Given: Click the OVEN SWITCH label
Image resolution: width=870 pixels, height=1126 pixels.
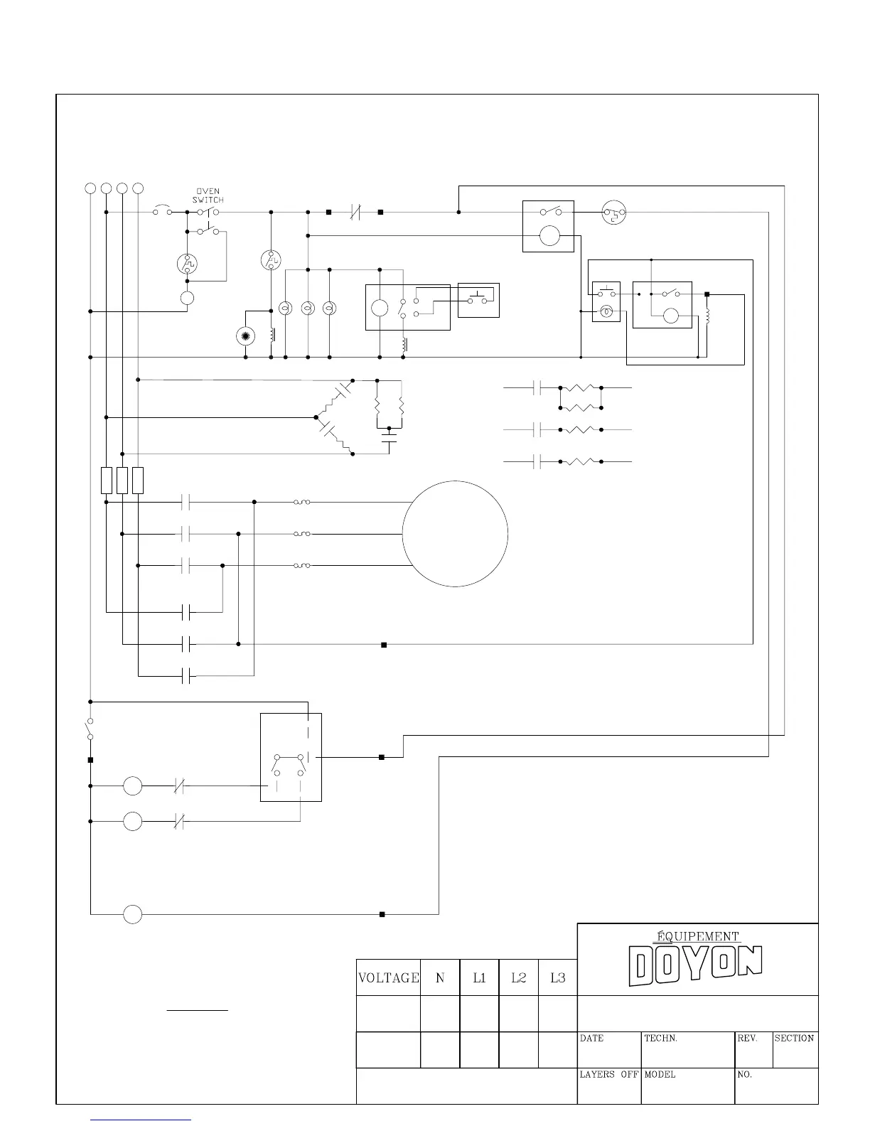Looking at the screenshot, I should click(208, 195).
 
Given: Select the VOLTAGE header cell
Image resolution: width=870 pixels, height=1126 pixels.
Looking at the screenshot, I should click(388, 978).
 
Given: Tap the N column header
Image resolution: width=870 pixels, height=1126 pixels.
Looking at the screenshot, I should click(440, 978).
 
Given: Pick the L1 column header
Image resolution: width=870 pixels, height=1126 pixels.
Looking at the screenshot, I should click(480, 978).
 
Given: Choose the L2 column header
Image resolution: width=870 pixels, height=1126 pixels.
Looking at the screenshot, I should click(519, 978).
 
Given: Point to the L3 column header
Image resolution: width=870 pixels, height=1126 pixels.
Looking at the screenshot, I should click(558, 978).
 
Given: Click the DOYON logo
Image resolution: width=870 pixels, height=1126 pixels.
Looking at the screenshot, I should click(696, 965).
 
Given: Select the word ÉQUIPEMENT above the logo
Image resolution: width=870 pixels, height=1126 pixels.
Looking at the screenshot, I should click(697, 936).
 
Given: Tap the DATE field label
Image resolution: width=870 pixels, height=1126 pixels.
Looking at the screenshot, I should click(591, 1039).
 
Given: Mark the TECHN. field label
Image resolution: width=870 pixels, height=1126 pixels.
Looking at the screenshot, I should click(660, 1039).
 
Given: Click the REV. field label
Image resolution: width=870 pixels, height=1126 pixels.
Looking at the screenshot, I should click(747, 1039).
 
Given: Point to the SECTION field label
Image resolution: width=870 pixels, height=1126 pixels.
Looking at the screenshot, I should click(794, 1039).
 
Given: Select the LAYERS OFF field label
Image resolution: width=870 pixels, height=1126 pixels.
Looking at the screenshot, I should click(608, 1075).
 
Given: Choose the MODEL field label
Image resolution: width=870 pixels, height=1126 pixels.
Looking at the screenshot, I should click(660, 1075).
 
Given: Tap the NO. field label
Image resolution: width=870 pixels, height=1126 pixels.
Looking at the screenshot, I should click(744, 1075).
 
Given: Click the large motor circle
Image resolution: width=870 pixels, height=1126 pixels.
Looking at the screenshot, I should click(455, 534).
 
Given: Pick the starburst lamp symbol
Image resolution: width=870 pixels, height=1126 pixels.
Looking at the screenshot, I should click(245, 336).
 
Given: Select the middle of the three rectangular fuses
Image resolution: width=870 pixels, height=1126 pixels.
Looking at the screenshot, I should click(122, 481).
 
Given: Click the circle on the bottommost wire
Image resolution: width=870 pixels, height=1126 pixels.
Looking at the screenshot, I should click(133, 914).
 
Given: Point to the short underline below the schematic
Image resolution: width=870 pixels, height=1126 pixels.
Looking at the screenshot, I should click(197, 1009).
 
